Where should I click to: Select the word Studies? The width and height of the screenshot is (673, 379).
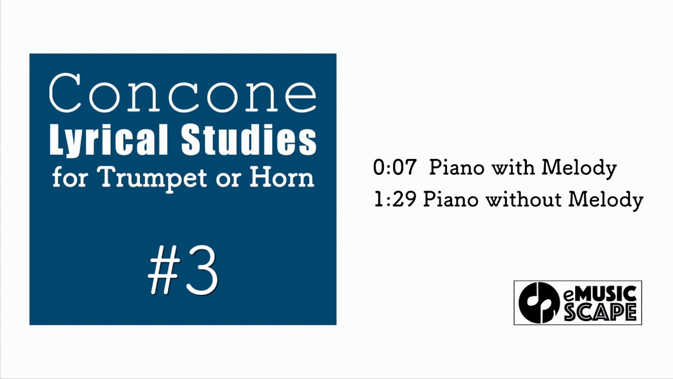pyautogui.click(x=249, y=140)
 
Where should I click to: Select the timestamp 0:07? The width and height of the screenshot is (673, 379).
pyautogui.click(x=394, y=168)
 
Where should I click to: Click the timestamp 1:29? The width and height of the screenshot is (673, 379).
pyautogui.click(x=395, y=200)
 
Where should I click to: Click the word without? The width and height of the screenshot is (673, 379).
pyautogui.click(x=523, y=200)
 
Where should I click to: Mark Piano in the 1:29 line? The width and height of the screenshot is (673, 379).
pyautogui.click(x=451, y=200)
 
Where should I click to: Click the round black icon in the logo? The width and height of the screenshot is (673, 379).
pyautogui.click(x=539, y=303)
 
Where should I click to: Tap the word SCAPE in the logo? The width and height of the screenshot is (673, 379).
pyautogui.click(x=600, y=312)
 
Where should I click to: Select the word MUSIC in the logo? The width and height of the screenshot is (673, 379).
pyautogui.click(x=605, y=294)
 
